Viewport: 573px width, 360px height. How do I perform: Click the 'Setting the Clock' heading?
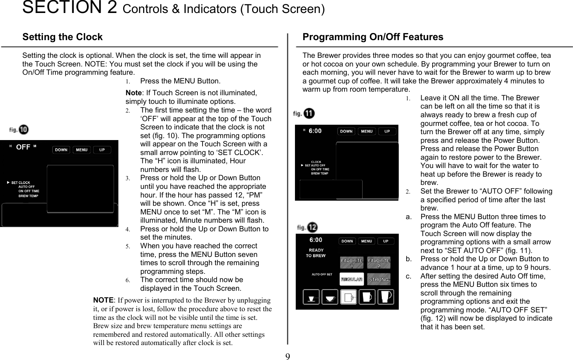click(62, 37)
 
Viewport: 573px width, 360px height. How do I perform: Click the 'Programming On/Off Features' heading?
click(372, 37)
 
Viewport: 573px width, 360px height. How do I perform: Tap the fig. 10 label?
click(19, 129)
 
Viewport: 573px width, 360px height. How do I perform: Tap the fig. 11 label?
click(304, 114)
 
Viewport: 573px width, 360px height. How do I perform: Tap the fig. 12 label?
click(307, 227)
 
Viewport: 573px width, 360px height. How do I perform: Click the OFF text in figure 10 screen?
click(23, 147)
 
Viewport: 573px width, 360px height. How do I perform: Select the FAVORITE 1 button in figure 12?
click(352, 263)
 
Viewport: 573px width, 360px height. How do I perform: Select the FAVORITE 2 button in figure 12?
click(379, 263)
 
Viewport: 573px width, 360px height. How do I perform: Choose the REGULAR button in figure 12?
click(352, 279)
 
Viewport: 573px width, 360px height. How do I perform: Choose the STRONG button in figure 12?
click(379, 279)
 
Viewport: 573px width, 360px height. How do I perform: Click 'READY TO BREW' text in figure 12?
click(316, 253)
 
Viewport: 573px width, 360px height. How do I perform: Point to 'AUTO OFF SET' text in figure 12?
click(322, 275)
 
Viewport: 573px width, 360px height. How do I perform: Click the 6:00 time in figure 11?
click(315, 131)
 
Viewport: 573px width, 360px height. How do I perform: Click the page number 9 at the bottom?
click(287, 356)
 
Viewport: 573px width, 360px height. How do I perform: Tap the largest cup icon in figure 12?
click(385, 297)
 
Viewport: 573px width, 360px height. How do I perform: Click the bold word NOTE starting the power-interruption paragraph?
click(103, 300)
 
